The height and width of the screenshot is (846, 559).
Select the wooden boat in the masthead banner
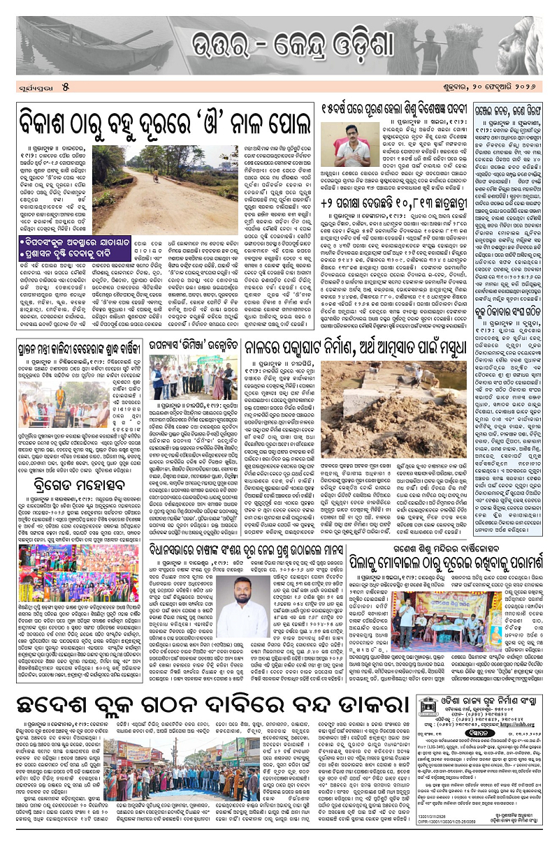pos(56,35)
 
